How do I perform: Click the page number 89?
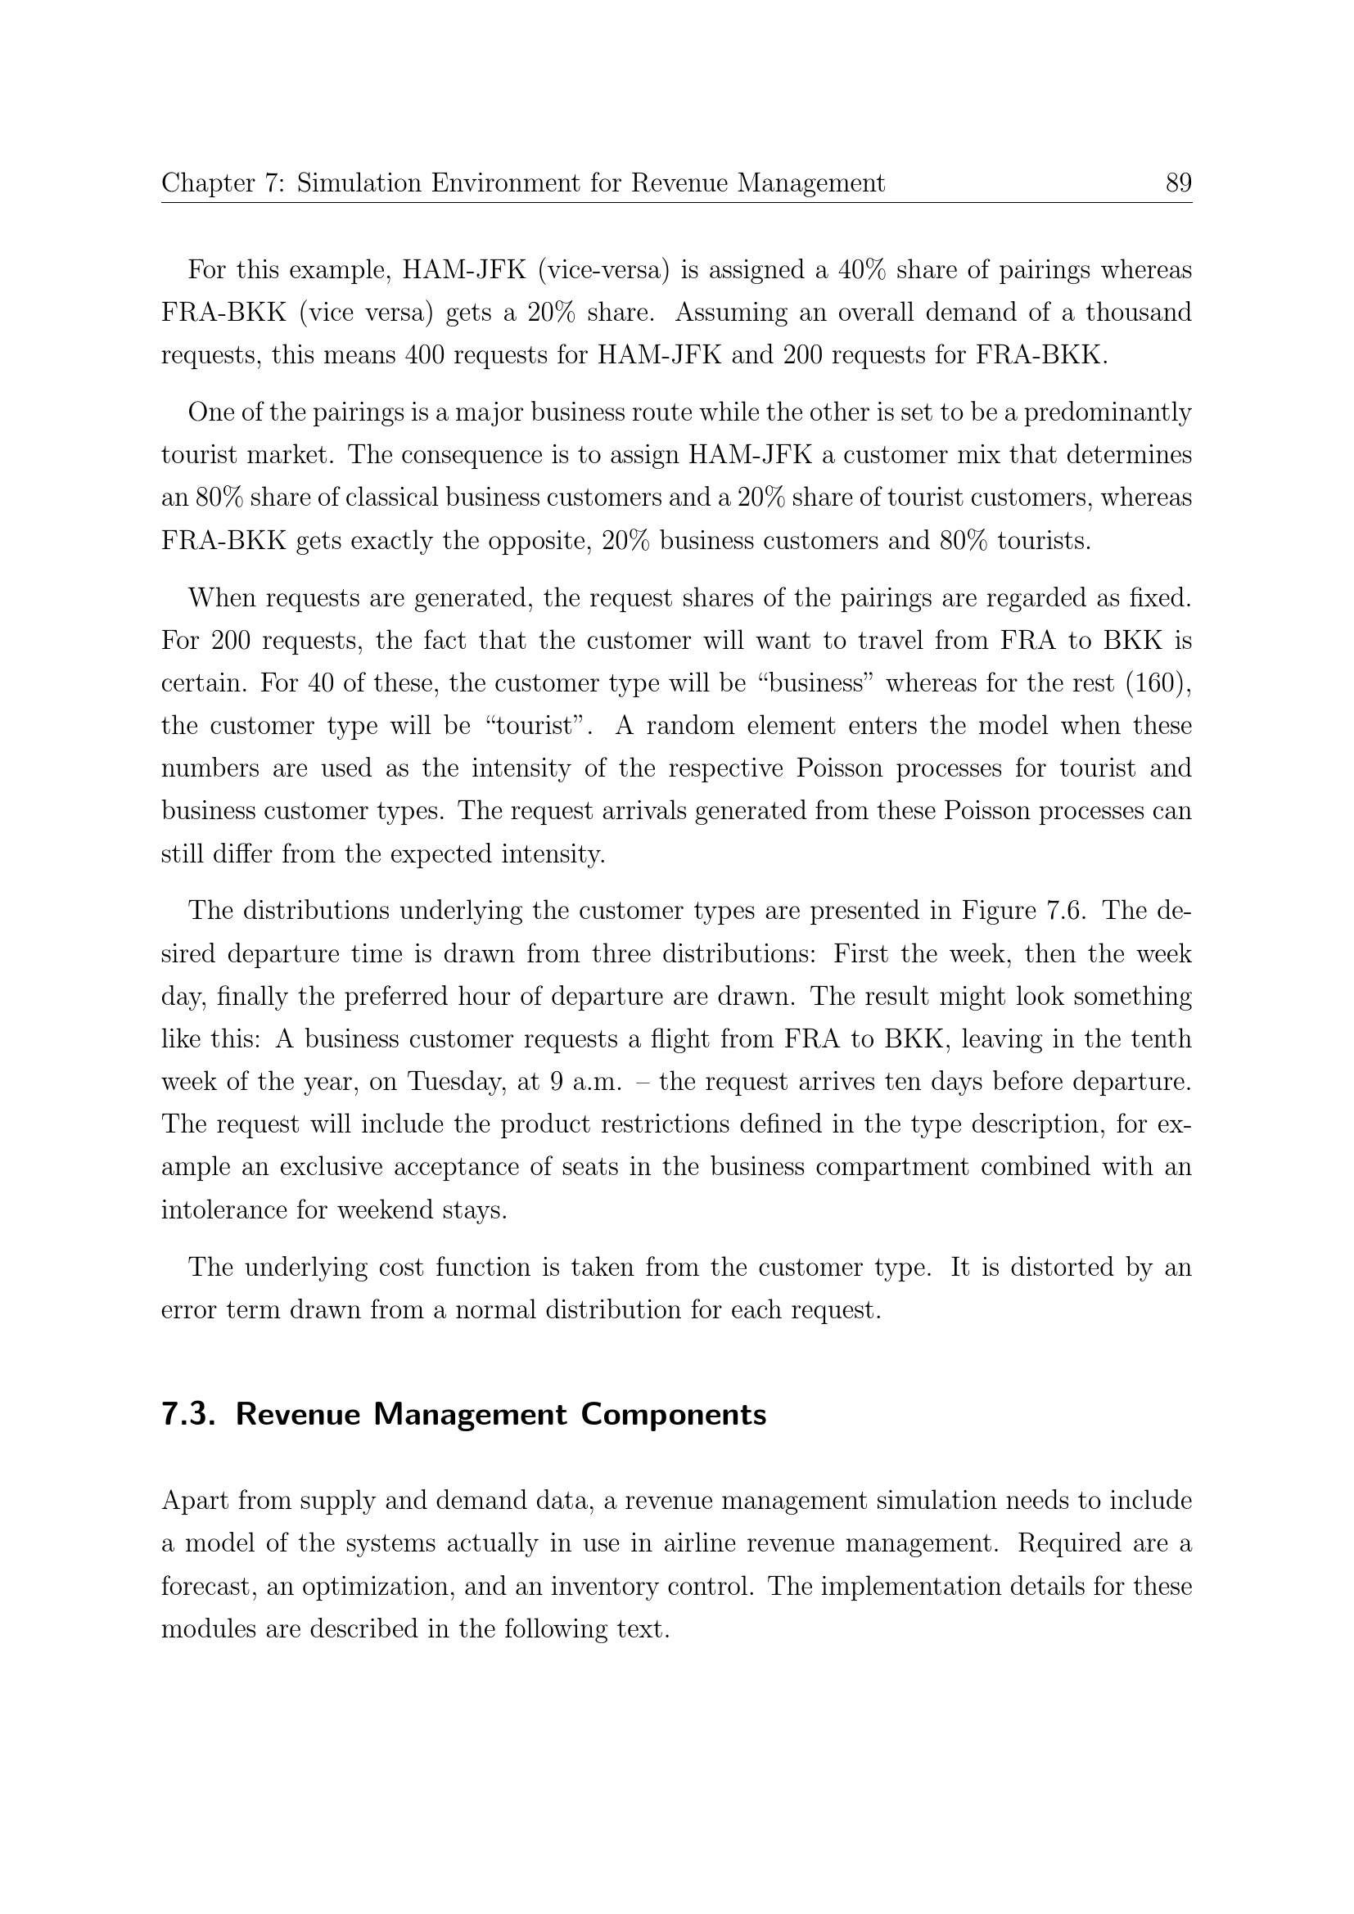[1178, 182]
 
